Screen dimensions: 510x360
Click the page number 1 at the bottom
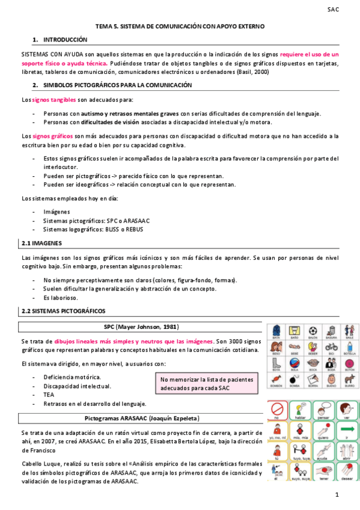(338, 495)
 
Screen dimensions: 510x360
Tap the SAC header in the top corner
(333, 10)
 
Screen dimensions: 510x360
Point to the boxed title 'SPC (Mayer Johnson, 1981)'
(141, 327)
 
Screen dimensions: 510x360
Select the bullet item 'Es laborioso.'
(61, 298)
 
